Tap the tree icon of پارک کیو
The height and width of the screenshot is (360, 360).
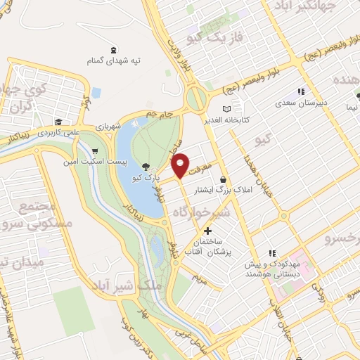(x=146, y=167)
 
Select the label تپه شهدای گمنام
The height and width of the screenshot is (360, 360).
(x=112, y=62)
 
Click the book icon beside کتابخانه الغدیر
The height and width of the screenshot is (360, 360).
(x=226, y=109)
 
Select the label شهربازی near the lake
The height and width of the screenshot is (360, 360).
(x=108, y=127)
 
